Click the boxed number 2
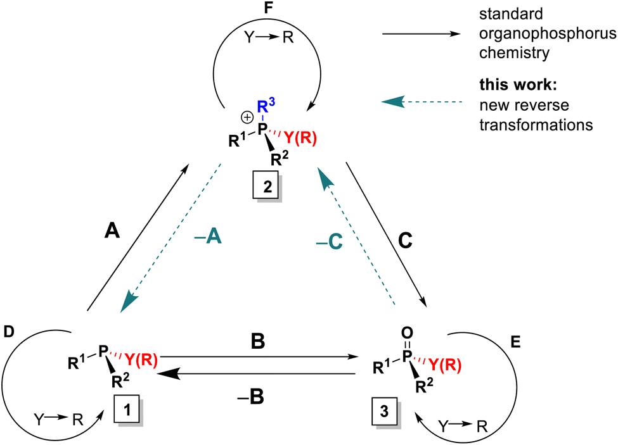[267, 186]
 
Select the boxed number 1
[127, 410]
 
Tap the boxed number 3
[385, 411]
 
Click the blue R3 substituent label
[266, 106]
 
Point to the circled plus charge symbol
[247, 117]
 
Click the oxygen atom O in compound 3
[407, 333]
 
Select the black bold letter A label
[112, 230]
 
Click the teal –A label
[208, 236]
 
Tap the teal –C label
[329, 242]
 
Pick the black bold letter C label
[405, 240]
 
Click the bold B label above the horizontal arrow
[258, 341]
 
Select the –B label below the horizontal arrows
[250, 397]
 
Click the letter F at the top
[268, 8]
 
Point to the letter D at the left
[9, 332]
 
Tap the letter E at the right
[515, 342]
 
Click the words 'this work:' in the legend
[518, 85]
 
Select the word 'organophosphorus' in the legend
[548, 34]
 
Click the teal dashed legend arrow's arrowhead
[394, 101]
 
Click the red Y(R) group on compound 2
[300, 138]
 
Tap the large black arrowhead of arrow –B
[169, 373]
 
